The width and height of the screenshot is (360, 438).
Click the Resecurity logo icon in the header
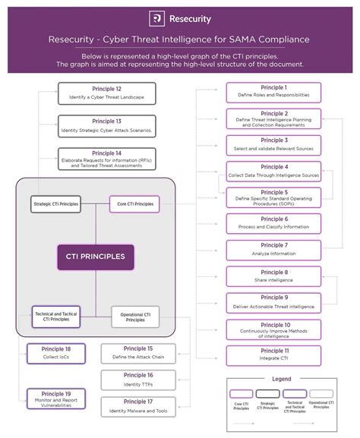[157, 18]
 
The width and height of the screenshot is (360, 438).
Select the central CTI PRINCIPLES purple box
[95, 257]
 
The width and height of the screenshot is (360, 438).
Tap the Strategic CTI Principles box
[55, 203]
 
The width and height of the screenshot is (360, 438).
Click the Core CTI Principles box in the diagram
[134, 203]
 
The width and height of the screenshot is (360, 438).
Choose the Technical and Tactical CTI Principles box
[55, 316]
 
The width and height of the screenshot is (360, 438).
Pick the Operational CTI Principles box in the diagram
[134, 316]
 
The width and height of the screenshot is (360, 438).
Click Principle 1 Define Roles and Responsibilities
[273, 92]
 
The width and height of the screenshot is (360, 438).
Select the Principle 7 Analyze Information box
[273, 250]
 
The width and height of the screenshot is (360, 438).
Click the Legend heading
[282, 378]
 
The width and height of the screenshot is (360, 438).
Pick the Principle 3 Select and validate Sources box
[273, 144]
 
